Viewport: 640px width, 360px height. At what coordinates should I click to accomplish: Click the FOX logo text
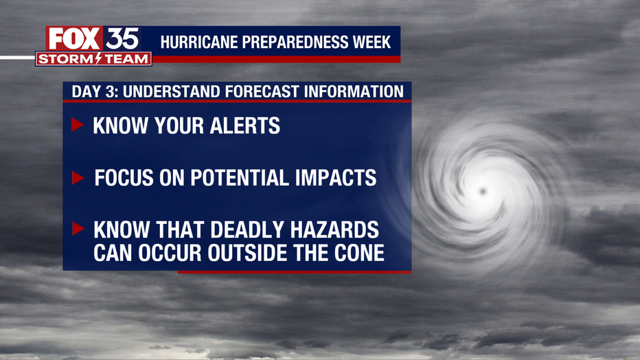(74, 38)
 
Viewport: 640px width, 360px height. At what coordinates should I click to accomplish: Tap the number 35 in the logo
(122, 38)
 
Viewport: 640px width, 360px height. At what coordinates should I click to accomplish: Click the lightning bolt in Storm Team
(98, 59)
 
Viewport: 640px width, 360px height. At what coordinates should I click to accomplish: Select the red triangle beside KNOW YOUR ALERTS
(77, 125)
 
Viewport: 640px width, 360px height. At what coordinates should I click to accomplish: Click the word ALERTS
(245, 125)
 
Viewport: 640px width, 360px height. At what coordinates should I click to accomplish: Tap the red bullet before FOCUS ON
(78, 178)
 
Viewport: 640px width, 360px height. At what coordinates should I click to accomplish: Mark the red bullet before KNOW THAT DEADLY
(78, 229)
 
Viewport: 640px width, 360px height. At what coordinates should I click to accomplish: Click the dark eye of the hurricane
(483, 190)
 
